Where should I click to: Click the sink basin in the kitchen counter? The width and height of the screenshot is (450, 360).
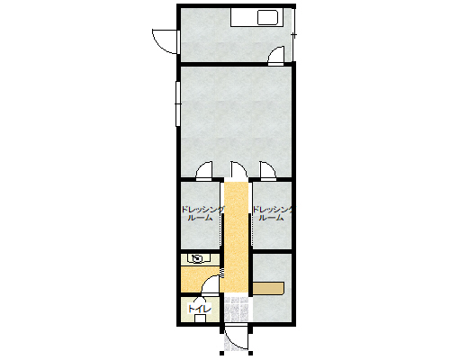pyautogui.click(x=267, y=18)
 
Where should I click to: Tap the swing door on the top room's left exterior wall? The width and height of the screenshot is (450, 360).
pyautogui.click(x=165, y=41)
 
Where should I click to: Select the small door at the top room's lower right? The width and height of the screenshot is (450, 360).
pyautogui.click(x=276, y=56)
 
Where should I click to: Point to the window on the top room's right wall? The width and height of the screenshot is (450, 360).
pyautogui.click(x=294, y=35)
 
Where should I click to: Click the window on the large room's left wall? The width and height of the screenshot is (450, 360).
pyautogui.click(x=178, y=103)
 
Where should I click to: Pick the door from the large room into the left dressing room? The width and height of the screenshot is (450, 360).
pyautogui.click(x=204, y=171)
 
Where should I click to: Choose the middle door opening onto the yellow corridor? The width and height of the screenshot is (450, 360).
pyautogui.click(x=238, y=170)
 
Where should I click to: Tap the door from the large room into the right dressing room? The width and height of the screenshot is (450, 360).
pyautogui.click(x=268, y=171)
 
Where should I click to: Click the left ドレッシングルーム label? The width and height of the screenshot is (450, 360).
pyautogui.click(x=202, y=213)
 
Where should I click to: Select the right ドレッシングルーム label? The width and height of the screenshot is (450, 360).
pyautogui.click(x=273, y=213)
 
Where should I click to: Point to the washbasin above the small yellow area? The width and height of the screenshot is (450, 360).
pyautogui.click(x=197, y=258)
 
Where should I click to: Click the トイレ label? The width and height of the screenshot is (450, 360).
pyautogui.click(x=200, y=309)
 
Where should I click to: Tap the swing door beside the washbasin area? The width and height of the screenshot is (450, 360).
pyautogui.click(x=211, y=285)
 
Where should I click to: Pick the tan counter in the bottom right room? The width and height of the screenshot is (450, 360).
pyautogui.click(x=268, y=288)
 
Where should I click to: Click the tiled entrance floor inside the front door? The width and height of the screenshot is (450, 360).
pyautogui.click(x=237, y=310)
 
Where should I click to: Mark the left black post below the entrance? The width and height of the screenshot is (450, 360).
pyautogui.click(x=221, y=353)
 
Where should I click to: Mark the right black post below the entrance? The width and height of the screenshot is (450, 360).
pyautogui.click(x=251, y=353)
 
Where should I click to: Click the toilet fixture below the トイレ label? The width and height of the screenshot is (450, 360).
pyautogui.click(x=200, y=318)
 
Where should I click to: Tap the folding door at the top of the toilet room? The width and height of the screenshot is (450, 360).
pyautogui.click(x=200, y=299)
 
